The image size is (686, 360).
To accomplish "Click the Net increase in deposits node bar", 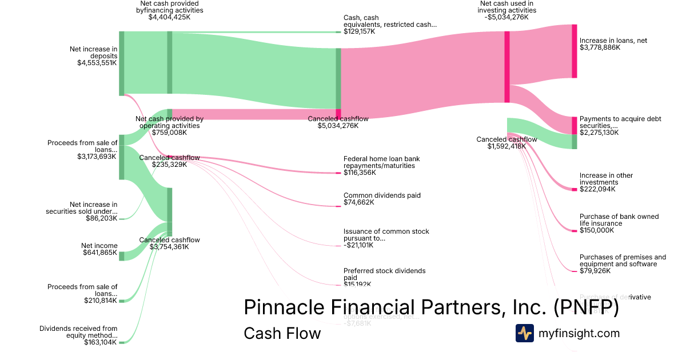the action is pyautogui.click(x=121, y=63).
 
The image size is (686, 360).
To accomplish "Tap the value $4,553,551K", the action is pyautogui.click(x=97, y=63).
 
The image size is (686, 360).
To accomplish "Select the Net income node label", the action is pyautogui.click(x=99, y=246).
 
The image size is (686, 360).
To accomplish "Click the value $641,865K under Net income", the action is pyautogui.click(x=99, y=253).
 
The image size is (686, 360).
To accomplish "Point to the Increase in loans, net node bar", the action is pyautogui.click(x=575, y=51).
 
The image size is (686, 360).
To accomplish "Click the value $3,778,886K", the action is pyautogui.click(x=600, y=47).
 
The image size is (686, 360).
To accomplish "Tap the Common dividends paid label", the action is pyautogui.click(x=382, y=195).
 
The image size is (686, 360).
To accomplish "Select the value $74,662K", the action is pyautogui.click(x=359, y=202).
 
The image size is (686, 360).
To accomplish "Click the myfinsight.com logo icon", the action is pyautogui.click(x=525, y=333).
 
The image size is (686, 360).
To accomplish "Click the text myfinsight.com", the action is pyautogui.click(x=579, y=333).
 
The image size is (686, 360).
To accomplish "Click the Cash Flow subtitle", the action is pyautogui.click(x=282, y=333).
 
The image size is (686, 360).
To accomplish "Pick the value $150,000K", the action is pyautogui.click(x=596, y=230).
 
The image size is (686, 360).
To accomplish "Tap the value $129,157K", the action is pyautogui.click(x=360, y=31).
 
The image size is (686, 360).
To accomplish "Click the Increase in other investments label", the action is pyautogui.click(x=606, y=179).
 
